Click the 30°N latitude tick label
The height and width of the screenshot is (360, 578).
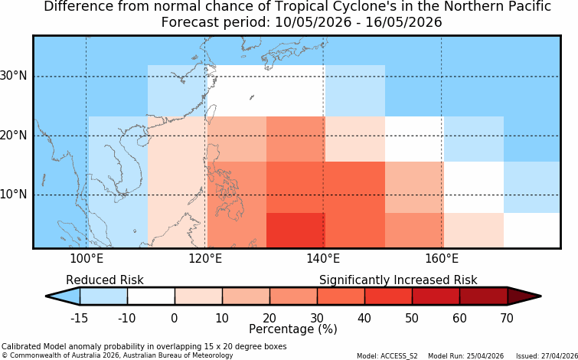tap(13, 77)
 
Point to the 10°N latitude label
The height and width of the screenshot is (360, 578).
tap(13, 195)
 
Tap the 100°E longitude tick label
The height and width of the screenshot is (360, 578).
tap(87, 259)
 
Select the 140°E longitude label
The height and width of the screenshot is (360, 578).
tap(323, 259)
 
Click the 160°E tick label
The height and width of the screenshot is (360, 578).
tap(442, 259)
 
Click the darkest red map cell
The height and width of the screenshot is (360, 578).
tap(296, 230)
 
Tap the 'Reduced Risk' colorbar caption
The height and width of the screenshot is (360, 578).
tap(105, 280)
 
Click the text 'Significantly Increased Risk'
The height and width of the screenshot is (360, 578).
tap(398, 280)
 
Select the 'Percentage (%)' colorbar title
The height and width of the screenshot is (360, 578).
tap(293, 329)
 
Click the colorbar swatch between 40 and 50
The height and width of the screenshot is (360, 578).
tap(389, 296)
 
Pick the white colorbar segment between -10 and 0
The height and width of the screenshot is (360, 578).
tap(151, 296)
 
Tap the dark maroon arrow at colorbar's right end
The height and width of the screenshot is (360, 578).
tap(524, 296)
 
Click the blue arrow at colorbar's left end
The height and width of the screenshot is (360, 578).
tap(63, 296)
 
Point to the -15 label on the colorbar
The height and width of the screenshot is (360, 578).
tap(79, 318)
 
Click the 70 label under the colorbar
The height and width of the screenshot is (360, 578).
tap(508, 318)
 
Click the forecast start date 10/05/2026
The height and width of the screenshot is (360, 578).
tap(312, 22)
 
